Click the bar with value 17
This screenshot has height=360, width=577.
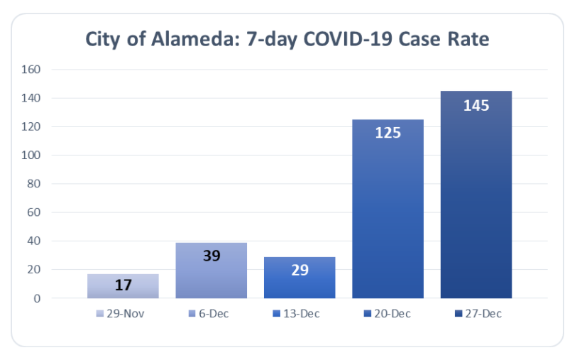(123, 286)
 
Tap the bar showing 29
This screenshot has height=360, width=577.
(300, 278)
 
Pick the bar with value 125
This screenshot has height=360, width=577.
(388, 209)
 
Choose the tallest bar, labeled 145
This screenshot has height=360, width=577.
(476, 195)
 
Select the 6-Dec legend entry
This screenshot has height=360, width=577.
(211, 313)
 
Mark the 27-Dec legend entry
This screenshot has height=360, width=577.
(476, 313)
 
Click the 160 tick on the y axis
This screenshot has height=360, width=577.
(33, 70)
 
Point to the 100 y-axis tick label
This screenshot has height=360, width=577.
(33, 156)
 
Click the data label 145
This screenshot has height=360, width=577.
(476, 106)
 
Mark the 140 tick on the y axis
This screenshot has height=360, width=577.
(33, 98)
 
